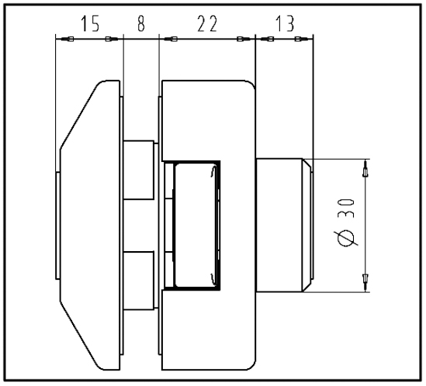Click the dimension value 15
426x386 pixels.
[91, 24]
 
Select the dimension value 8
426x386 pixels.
[141, 23]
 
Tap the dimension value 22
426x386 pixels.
[207, 24]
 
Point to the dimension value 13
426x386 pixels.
[285, 24]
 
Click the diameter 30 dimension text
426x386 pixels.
[346, 222]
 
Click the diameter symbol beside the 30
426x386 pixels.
[346, 238]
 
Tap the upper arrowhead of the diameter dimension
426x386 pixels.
[365, 168]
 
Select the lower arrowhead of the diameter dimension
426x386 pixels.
[365, 283]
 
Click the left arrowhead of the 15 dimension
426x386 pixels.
[67, 40]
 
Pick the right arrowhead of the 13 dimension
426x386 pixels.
[302, 40]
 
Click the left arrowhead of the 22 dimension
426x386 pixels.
[171, 40]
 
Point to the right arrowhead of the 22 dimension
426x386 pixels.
[244, 40]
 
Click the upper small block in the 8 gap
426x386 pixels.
[139, 171]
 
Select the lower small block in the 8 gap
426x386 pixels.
[139, 281]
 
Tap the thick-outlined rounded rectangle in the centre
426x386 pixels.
[196, 226]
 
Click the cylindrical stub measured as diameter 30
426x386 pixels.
[284, 226]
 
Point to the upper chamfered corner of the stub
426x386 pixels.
[307, 163]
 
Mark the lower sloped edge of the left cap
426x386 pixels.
[80, 336]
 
